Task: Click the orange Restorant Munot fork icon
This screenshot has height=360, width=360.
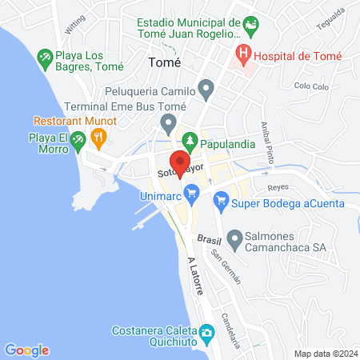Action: tap(98, 138)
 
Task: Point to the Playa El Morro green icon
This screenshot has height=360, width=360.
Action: tap(78, 142)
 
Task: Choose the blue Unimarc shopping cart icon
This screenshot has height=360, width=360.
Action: tap(191, 192)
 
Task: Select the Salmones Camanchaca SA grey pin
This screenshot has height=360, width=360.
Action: tap(235, 238)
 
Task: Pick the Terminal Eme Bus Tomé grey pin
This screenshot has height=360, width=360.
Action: tap(168, 123)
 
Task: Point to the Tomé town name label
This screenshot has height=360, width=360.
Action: tap(165, 62)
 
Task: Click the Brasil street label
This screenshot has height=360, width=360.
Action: tap(208, 239)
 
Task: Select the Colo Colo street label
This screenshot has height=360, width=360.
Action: tap(312, 86)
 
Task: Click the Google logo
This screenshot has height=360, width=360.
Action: tap(27, 350)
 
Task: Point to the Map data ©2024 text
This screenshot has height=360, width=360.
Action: tap(324, 354)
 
